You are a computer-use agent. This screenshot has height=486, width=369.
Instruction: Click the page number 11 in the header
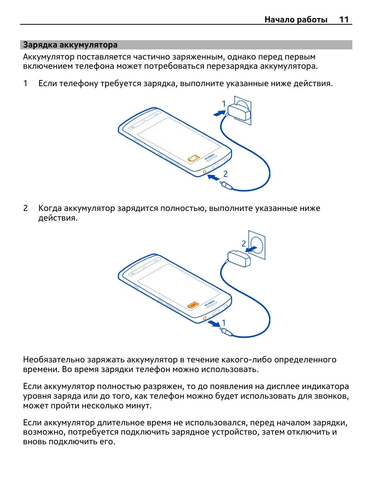coord(344,19)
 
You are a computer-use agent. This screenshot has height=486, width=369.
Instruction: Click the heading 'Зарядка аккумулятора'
coord(70,45)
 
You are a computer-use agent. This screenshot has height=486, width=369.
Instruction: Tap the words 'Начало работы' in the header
coord(296,19)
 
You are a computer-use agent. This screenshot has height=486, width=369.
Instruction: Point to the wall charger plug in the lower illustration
coord(239,258)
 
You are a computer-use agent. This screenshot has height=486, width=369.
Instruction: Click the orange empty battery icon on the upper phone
coord(193,158)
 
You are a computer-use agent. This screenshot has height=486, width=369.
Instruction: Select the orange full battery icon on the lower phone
coord(193,305)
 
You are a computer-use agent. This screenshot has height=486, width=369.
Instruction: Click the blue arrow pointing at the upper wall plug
coord(219,113)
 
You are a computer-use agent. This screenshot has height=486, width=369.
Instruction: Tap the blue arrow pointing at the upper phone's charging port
coord(213,178)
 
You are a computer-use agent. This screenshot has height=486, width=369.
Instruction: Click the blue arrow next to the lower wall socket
coord(252,249)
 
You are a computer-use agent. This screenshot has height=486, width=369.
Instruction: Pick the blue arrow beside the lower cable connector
coord(213,323)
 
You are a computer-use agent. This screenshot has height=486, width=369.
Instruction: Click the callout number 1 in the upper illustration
coord(224,104)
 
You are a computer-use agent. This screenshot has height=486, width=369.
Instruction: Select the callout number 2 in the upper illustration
coord(226,174)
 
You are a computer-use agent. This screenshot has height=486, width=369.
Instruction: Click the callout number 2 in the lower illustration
coord(244,243)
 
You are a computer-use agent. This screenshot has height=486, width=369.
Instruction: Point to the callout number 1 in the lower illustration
coord(224,322)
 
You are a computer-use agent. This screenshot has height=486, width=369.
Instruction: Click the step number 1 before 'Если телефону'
coord(26,83)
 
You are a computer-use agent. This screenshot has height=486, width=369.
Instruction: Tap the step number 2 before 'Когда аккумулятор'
coord(26,208)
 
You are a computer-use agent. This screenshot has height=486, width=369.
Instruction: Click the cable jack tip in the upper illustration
coord(226,185)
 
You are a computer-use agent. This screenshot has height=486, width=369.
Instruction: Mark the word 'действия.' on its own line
coord(58,218)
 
